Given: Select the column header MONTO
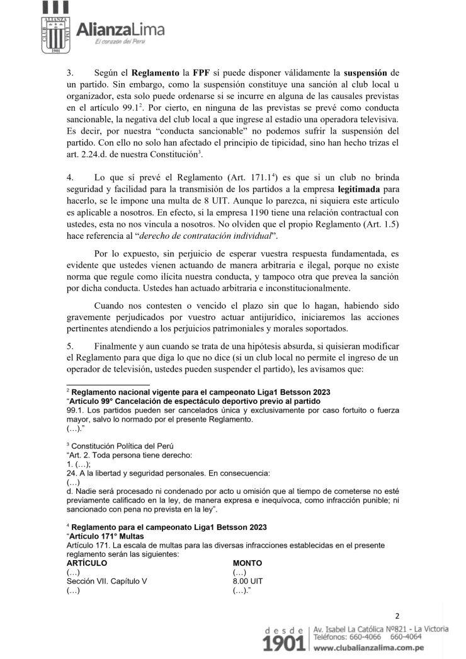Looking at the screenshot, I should (247, 562).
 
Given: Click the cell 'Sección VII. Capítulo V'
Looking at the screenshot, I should (107, 582).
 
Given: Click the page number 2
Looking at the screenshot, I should (397, 616).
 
